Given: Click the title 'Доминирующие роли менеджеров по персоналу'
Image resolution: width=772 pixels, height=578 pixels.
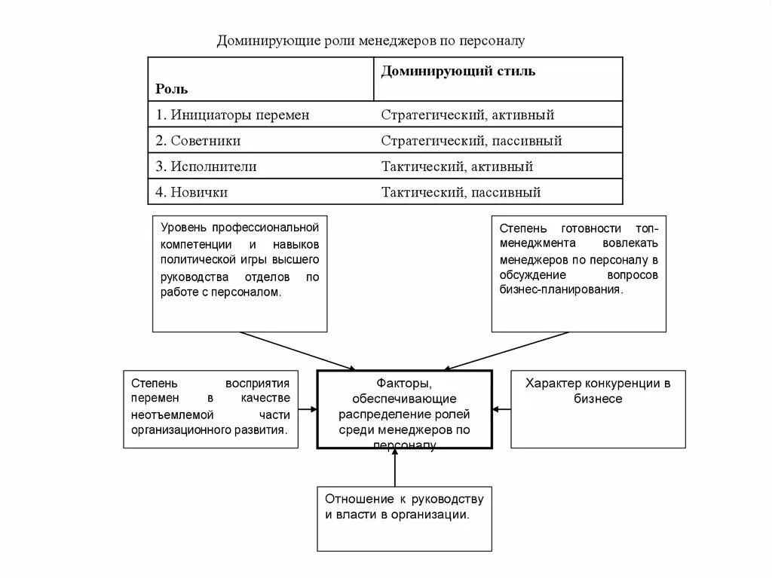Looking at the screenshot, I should [x=369, y=40].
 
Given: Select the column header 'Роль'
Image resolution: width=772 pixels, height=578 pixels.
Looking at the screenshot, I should [x=172, y=89].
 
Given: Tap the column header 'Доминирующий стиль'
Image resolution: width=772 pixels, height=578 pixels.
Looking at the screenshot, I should [x=458, y=72].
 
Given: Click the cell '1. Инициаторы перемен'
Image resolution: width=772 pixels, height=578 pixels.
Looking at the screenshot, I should [x=233, y=115].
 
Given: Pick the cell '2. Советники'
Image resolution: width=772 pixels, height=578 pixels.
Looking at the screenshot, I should [x=198, y=141].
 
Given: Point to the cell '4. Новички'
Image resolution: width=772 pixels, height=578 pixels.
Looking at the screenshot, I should [x=192, y=192].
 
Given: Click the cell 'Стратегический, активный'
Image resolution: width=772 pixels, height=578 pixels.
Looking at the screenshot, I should [x=467, y=115].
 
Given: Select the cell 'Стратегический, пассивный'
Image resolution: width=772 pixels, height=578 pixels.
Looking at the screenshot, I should [x=471, y=141].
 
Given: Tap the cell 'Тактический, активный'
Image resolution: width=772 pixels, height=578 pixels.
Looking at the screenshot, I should [x=457, y=167].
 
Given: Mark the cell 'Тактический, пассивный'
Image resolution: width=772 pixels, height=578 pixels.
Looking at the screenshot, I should [x=461, y=192].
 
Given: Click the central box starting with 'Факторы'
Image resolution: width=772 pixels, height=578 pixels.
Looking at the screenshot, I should [x=404, y=409].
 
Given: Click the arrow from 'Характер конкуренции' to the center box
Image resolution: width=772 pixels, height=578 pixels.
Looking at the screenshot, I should [x=501, y=410].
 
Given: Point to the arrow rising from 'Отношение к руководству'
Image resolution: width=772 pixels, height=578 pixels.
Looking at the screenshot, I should [x=395, y=470].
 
